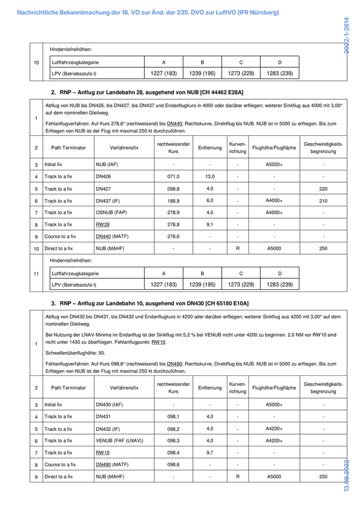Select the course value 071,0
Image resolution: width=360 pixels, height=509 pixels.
[x=173, y=177]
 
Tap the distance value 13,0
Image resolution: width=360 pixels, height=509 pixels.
[x=210, y=176]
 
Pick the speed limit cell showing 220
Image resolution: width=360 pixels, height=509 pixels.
[x=323, y=189]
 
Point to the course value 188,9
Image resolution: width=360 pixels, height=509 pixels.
[x=173, y=201]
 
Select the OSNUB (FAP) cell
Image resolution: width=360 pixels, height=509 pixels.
[x=111, y=213]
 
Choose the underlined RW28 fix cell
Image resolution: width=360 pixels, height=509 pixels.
[x=102, y=225]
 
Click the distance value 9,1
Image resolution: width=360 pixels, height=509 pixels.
[x=210, y=225]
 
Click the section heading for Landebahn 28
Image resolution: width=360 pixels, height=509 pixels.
[x=147, y=92]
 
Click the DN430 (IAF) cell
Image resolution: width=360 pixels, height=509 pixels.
[x=109, y=405]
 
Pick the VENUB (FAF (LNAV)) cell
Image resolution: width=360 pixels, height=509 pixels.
[x=119, y=441]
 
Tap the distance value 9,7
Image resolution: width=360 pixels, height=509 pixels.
[x=210, y=452]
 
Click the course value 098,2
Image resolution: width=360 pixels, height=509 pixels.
[x=173, y=429]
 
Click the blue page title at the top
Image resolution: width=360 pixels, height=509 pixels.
[x=148, y=12]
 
